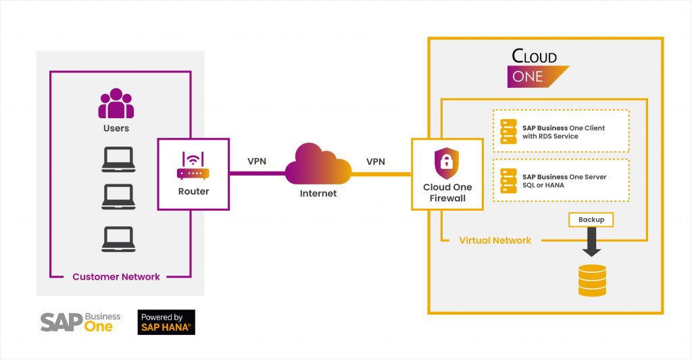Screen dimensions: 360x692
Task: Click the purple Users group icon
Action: coord(116,104)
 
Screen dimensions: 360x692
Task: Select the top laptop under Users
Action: coord(116,159)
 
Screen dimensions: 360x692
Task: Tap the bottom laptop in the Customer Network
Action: coord(116,238)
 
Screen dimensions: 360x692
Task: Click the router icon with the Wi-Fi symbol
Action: coord(193,166)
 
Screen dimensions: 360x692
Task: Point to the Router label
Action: coord(193,191)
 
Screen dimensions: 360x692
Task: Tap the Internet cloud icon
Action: coord(318,164)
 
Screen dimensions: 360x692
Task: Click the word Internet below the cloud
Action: coord(318,194)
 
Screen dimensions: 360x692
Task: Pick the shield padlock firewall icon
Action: coord(447,163)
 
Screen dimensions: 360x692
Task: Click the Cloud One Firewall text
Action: coord(447,192)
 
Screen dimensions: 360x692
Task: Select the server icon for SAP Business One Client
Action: coord(508,131)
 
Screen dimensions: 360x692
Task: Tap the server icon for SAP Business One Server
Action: coord(508,180)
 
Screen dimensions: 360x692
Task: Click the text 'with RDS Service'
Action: coord(550,136)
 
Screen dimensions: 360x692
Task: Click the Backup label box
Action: coord(591,220)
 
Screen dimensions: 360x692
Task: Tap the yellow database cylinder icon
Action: coord(592,280)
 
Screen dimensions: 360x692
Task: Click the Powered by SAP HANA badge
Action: coord(166,322)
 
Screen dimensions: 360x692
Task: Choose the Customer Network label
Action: coord(116,277)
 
